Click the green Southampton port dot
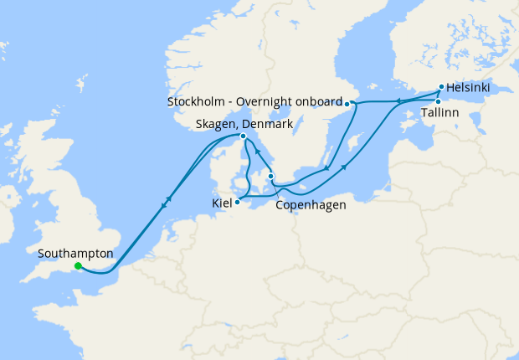tap(78, 266)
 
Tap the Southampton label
tap(76, 252)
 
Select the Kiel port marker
tap(238, 201)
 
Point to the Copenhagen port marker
tap(270, 176)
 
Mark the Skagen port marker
tap(243, 136)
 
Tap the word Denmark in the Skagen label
tap(267, 124)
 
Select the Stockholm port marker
tap(347, 104)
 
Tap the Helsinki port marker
tap(441, 86)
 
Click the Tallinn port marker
tap(438, 102)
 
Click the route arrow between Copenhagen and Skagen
tap(257, 153)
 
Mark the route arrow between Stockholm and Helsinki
tap(398, 101)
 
